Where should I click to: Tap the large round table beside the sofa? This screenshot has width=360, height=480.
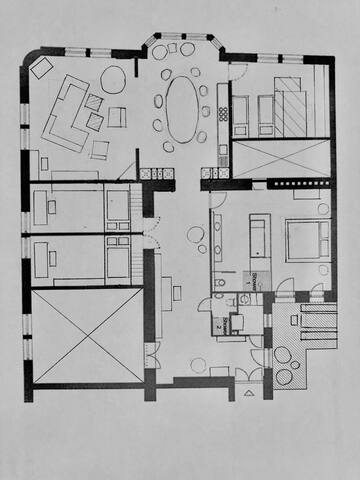[x=113, y=80]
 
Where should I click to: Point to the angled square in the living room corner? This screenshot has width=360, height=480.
[x=42, y=68]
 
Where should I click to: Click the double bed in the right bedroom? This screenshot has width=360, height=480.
[x=307, y=240]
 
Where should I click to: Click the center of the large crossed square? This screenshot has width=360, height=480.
[x=88, y=335]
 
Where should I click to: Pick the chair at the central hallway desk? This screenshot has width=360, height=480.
[x=177, y=292]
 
